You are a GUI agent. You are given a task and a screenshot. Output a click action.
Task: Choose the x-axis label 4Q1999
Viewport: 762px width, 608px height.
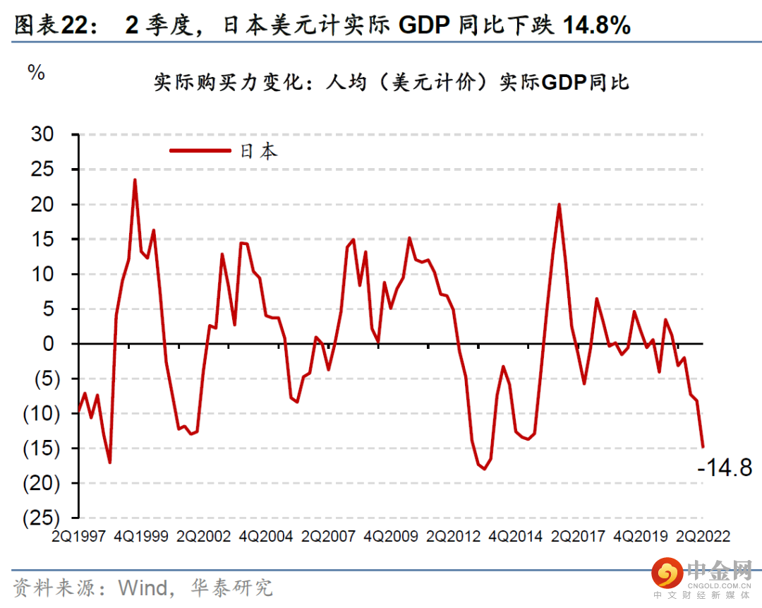143,536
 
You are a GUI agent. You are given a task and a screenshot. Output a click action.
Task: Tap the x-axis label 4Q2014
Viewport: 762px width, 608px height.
518,536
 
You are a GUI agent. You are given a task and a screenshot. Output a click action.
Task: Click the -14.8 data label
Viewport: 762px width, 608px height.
725,467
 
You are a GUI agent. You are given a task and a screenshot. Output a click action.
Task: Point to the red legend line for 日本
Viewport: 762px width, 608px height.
200,150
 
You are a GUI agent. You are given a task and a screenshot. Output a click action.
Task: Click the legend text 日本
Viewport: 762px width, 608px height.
259,151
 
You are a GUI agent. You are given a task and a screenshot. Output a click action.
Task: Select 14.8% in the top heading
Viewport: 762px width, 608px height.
596,26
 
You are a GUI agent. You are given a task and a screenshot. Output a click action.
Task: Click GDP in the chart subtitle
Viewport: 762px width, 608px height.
564,83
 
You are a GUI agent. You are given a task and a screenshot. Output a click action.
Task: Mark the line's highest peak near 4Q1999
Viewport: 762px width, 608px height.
135,180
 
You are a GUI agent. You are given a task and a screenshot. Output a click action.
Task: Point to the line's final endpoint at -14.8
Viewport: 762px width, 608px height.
703,446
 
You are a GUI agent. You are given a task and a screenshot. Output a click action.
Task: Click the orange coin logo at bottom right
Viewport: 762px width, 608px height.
665,573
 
